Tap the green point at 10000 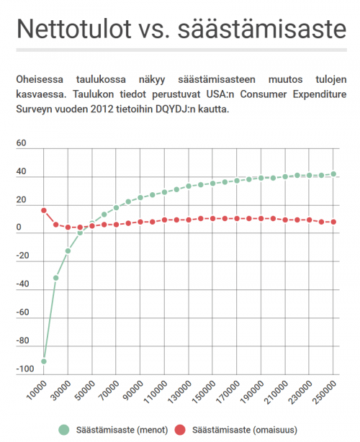click(44, 361)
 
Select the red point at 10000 click(44, 210)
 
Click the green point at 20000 click(56, 278)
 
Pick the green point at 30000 click(68, 251)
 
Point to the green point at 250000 click(333, 174)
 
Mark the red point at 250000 click(333, 222)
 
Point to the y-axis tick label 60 click(21, 143)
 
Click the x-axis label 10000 click(35, 393)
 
